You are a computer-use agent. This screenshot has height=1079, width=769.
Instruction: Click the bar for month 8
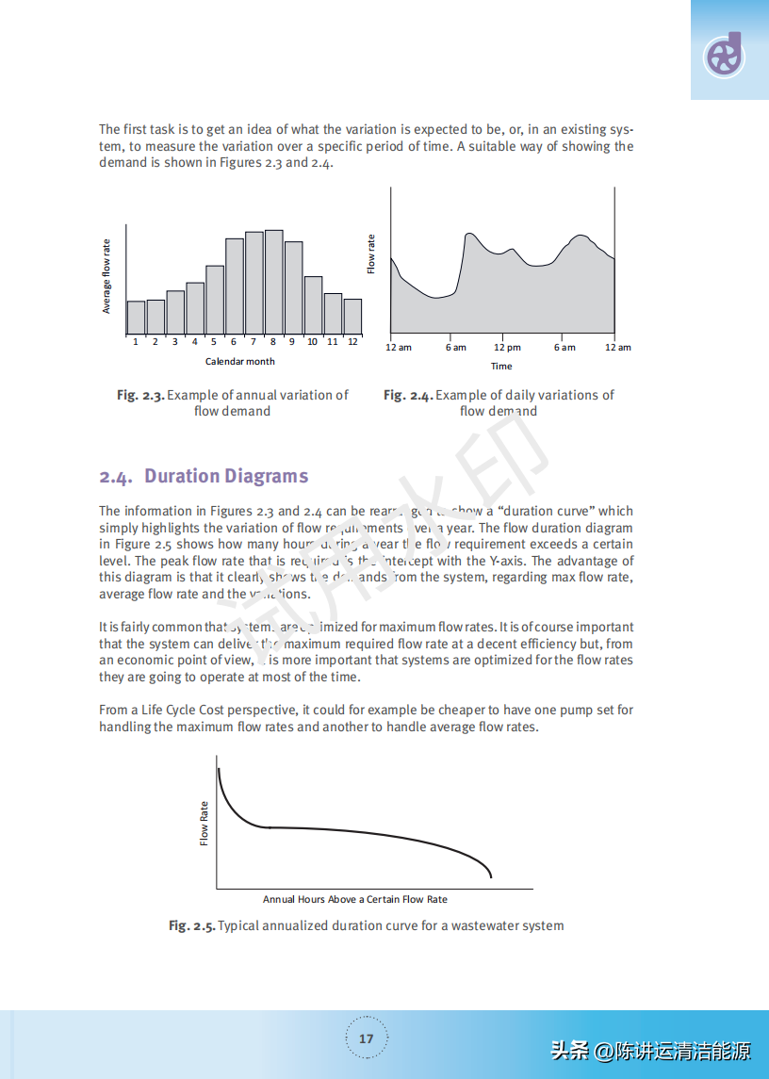pyautogui.click(x=274, y=283)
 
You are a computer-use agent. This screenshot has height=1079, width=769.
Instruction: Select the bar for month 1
pyautogui.click(x=136, y=318)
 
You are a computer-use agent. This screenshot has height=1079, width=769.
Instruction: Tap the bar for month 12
pyautogui.click(x=352, y=317)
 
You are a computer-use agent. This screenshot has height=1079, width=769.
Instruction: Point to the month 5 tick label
pyautogui.click(x=214, y=342)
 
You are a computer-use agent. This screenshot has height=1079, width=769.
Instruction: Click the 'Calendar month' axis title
pyautogui.click(x=240, y=361)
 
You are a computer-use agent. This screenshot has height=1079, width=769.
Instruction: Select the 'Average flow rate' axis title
pyautogui.click(x=106, y=276)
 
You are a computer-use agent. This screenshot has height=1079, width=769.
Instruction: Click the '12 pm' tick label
pyautogui.click(x=507, y=348)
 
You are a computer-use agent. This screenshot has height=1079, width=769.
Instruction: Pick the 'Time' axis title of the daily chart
pyautogui.click(x=501, y=367)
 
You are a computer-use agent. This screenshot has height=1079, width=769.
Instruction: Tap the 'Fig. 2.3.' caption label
pyautogui.click(x=140, y=395)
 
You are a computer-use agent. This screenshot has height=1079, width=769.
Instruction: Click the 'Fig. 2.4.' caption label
pyautogui.click(x=407, y=395)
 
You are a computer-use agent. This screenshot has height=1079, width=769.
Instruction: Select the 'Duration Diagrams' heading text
pyautogui.click(x=226, y=476)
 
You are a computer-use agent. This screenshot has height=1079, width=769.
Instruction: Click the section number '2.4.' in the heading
pyautogui.click(x=116, y=477)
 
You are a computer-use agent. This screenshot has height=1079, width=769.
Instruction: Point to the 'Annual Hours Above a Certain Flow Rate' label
pyautogui.click(x=355, y=899)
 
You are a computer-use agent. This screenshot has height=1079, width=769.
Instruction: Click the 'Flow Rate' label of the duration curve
pyautogui.click(x=204, y=823)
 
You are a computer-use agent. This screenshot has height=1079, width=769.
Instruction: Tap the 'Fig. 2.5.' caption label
pyautogui.click(x=192, y=925)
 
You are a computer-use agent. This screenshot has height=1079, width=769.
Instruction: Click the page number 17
pyautogui.click(x=367, y=1038)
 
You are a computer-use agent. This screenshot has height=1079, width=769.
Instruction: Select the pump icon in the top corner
pyautogui.click(x=724, y=55)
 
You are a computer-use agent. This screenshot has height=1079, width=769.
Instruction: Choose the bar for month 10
pyautogui.click(x=313, y=305)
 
